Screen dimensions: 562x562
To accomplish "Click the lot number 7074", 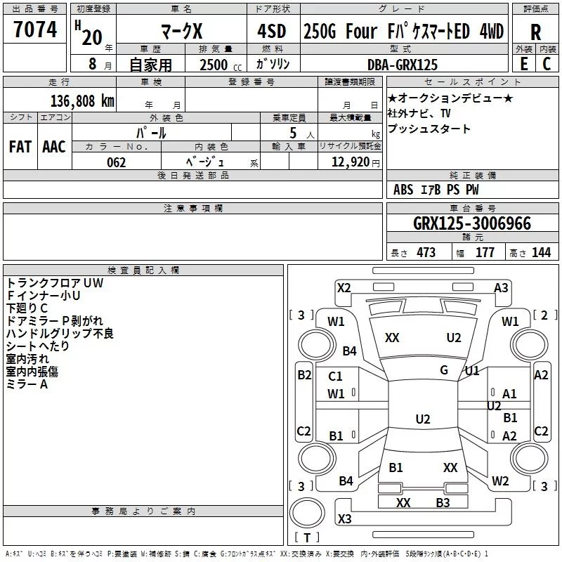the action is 35,30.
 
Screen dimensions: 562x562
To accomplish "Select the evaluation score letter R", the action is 535,32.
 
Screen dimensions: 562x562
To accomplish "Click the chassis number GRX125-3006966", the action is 472,223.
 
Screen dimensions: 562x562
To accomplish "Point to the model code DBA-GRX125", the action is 403,65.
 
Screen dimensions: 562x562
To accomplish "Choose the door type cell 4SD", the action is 272,32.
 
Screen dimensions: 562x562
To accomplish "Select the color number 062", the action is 116,162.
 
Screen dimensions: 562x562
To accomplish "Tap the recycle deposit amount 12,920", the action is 351,162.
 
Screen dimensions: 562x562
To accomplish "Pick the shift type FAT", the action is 20,147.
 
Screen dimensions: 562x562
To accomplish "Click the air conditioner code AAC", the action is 54,147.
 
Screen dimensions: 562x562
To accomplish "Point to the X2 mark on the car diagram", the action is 344,287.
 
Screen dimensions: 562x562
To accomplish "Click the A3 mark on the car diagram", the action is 501,287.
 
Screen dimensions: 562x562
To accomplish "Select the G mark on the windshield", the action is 444,370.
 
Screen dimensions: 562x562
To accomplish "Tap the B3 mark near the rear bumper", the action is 443,502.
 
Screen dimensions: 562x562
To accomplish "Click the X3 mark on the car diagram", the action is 344,519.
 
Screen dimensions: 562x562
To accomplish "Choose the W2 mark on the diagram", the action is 500,481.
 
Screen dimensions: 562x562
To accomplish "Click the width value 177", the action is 485,253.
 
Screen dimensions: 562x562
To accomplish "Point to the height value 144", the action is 541,253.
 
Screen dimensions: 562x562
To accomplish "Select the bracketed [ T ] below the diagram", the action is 306,538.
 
